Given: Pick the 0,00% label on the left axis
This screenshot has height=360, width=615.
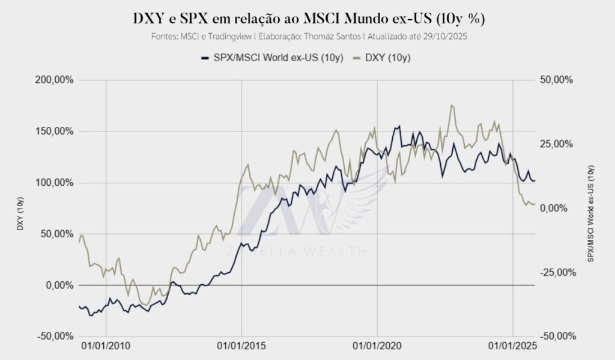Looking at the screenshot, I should point(58,285).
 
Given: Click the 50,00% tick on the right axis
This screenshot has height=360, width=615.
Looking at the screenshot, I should point(557,80).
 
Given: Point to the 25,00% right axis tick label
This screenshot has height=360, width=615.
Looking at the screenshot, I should point(557,144).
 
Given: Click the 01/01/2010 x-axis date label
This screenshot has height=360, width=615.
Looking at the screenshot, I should point(106,348).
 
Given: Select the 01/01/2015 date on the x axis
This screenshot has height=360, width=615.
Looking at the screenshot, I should point(241,348).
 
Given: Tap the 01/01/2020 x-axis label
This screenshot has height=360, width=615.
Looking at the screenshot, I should point(377,348).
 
